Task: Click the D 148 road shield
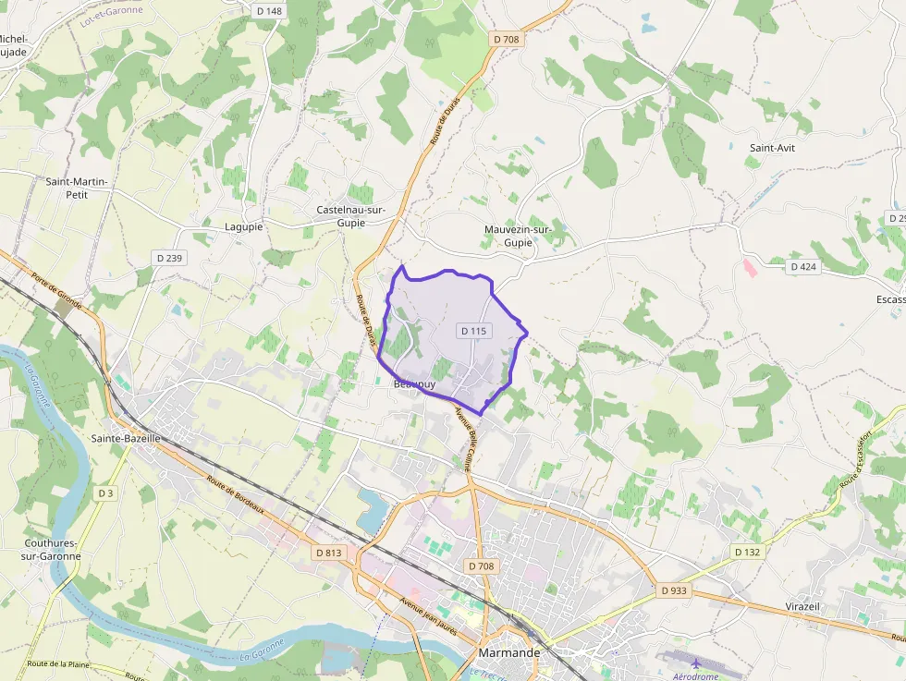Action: click(268, 11)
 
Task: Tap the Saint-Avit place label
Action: click(773, 148)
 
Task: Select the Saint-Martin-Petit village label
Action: click(77, 188)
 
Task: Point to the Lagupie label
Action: click(244, 226)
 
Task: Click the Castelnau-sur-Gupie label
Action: click(350, 216)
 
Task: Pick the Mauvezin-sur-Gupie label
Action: click(518, 236)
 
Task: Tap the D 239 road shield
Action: click(169, 258)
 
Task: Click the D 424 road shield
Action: click(803, 267)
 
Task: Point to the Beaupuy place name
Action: click(413, 383)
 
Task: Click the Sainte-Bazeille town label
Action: click(126, 438)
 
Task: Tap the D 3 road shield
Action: click(105, 493)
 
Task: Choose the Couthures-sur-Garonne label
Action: click(52, 550)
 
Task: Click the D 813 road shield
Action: click(328, 553)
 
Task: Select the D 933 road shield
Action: click(675, 590)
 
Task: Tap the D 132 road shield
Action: click(747, 552)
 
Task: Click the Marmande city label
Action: click(509, 652)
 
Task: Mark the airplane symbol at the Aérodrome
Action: click(695, 663)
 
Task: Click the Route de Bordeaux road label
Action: click(236, 496)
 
